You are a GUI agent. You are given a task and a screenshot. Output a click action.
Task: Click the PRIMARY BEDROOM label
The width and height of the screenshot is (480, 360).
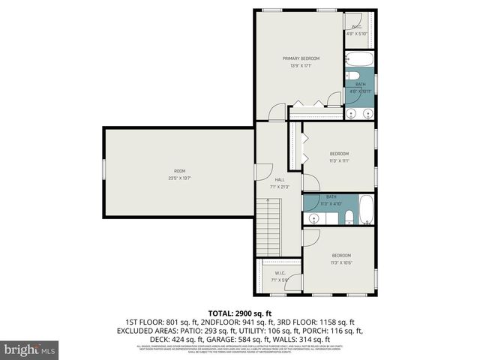(x=301, y=58)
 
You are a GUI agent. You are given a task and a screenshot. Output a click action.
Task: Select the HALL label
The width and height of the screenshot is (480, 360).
(x=279, y=180)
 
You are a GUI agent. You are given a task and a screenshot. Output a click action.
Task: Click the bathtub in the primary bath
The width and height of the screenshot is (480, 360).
(x=360, y=61)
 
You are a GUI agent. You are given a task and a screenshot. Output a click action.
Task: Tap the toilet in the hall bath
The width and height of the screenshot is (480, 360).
(x=349, y=218)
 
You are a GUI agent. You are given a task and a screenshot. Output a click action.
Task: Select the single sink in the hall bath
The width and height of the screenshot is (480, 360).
(x=313, y=218)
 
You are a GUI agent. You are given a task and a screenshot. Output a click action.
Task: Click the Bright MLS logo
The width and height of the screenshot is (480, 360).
(x=31, y=349)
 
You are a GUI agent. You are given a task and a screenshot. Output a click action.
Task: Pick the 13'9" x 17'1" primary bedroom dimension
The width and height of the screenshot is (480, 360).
(x=301, y=65)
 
